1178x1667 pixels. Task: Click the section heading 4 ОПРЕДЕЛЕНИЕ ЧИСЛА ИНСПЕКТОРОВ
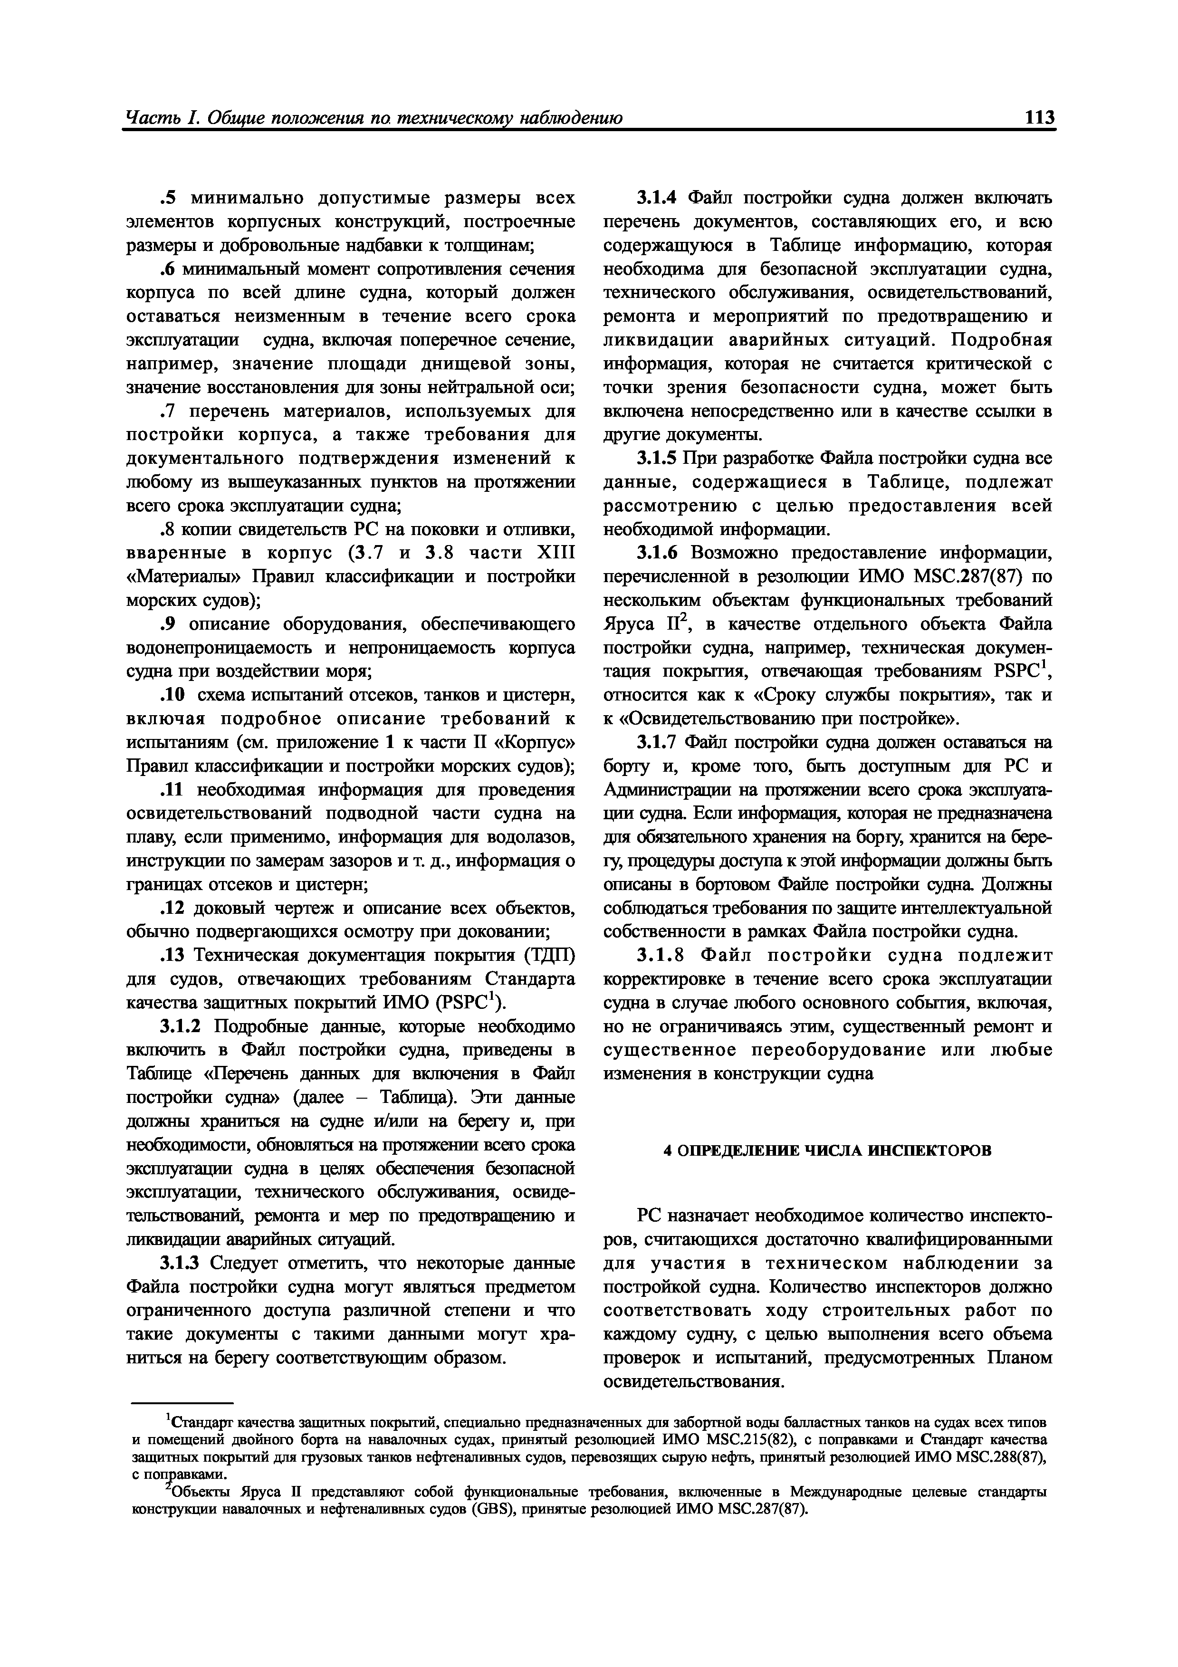(827, 1150)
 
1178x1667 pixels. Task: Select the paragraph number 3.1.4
(656, 198)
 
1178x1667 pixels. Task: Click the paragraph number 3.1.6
(657, 553)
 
